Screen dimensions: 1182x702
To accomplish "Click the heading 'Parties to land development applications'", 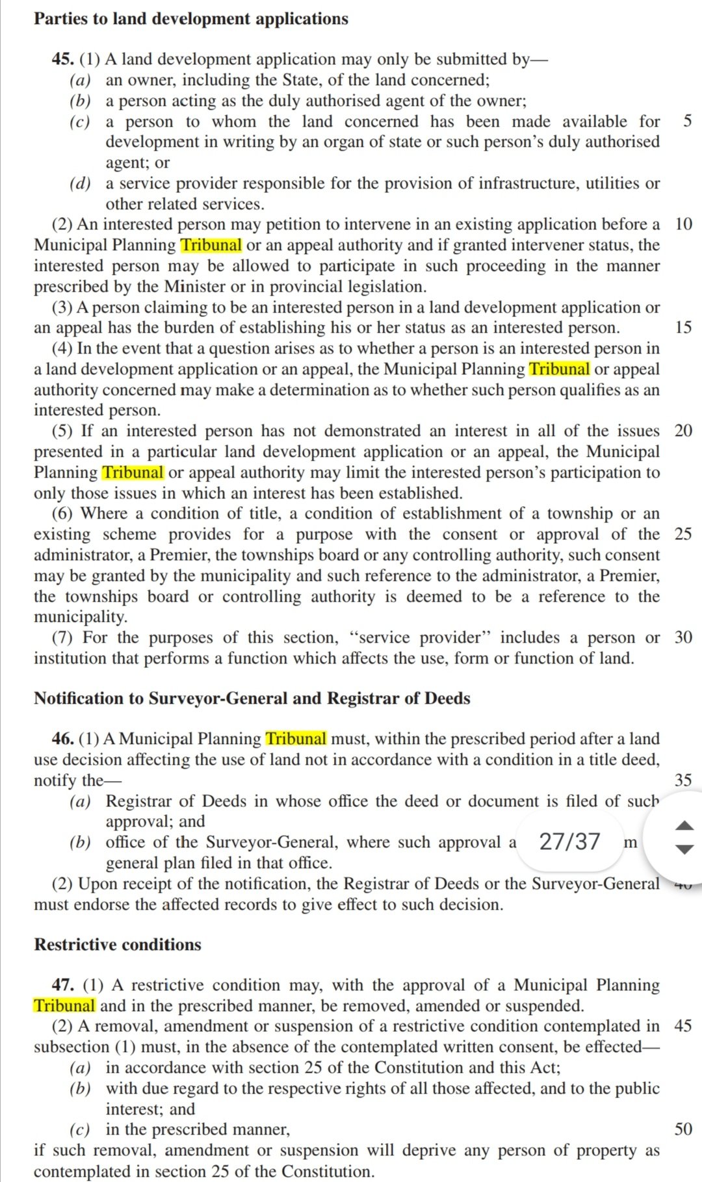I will click(191, 19).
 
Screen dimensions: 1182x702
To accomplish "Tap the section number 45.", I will click(62, 59).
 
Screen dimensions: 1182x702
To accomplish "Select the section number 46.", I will click(62, 739).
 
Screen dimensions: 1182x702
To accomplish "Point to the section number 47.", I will click(62, 985).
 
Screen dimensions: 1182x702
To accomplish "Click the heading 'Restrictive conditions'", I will click(118, 944).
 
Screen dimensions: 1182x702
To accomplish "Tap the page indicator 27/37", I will click(570, 842).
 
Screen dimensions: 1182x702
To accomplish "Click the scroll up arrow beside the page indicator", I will click(685, 825).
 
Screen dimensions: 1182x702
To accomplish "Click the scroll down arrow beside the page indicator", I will click(685, 849).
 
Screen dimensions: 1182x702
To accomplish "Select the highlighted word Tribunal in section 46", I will click(296, 739).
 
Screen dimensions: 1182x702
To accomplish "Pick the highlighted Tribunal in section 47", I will click(64, 1006).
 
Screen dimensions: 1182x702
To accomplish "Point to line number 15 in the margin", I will click(683, 328).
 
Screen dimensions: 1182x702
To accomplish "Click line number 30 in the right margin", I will click(683, 637).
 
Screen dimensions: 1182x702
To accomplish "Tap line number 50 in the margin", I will click(683, 1129).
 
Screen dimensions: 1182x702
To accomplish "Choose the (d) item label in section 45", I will click(80, 183).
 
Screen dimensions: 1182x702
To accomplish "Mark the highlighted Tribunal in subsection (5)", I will click(133, 472).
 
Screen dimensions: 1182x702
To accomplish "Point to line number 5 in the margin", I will click(688, 122).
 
